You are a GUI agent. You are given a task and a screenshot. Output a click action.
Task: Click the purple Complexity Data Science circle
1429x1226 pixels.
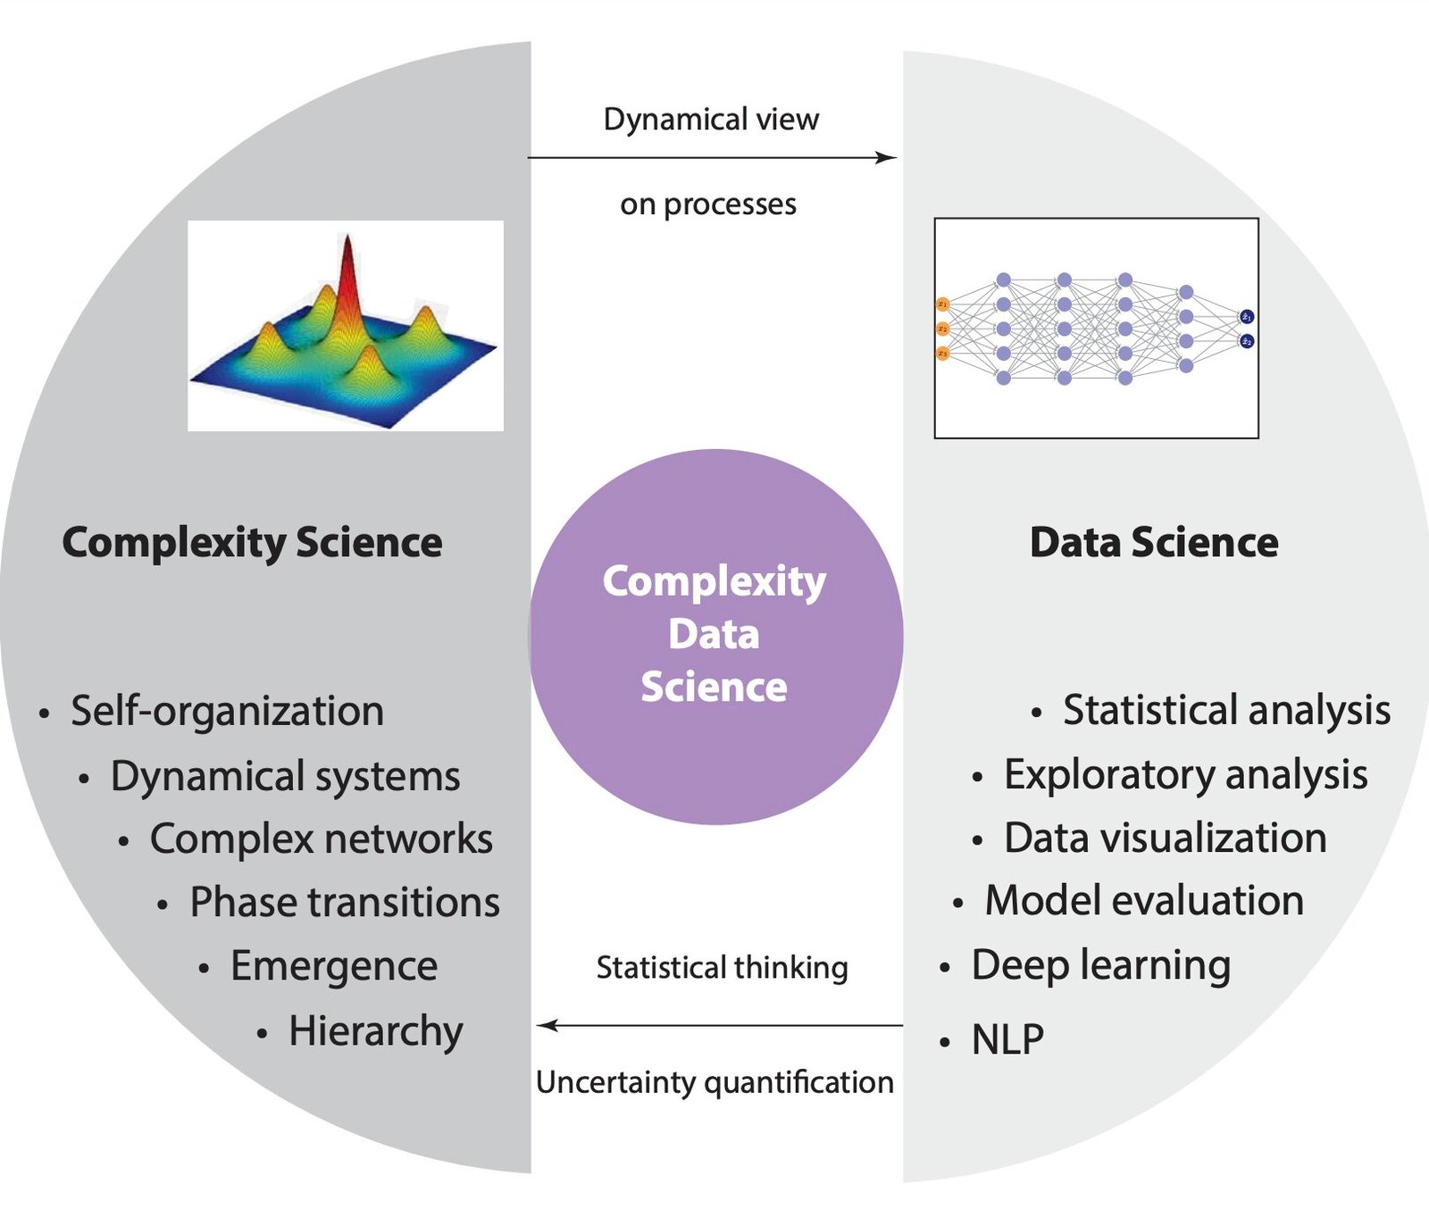point(715,637)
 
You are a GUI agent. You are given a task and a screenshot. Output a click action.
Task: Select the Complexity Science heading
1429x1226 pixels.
point(252,543)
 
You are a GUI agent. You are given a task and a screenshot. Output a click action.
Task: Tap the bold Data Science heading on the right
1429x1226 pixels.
point(1154,543)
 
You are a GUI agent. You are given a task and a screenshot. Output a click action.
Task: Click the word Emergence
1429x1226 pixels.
point(334,967)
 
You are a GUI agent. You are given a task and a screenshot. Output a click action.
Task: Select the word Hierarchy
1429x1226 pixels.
point(376,1032)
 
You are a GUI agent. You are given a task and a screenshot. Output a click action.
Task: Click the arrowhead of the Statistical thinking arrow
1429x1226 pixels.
point(547,1026)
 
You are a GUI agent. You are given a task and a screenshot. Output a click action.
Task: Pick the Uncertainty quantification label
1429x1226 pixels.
point(714,1083)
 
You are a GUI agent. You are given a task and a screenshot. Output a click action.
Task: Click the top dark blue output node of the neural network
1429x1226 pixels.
point(1247,317)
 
